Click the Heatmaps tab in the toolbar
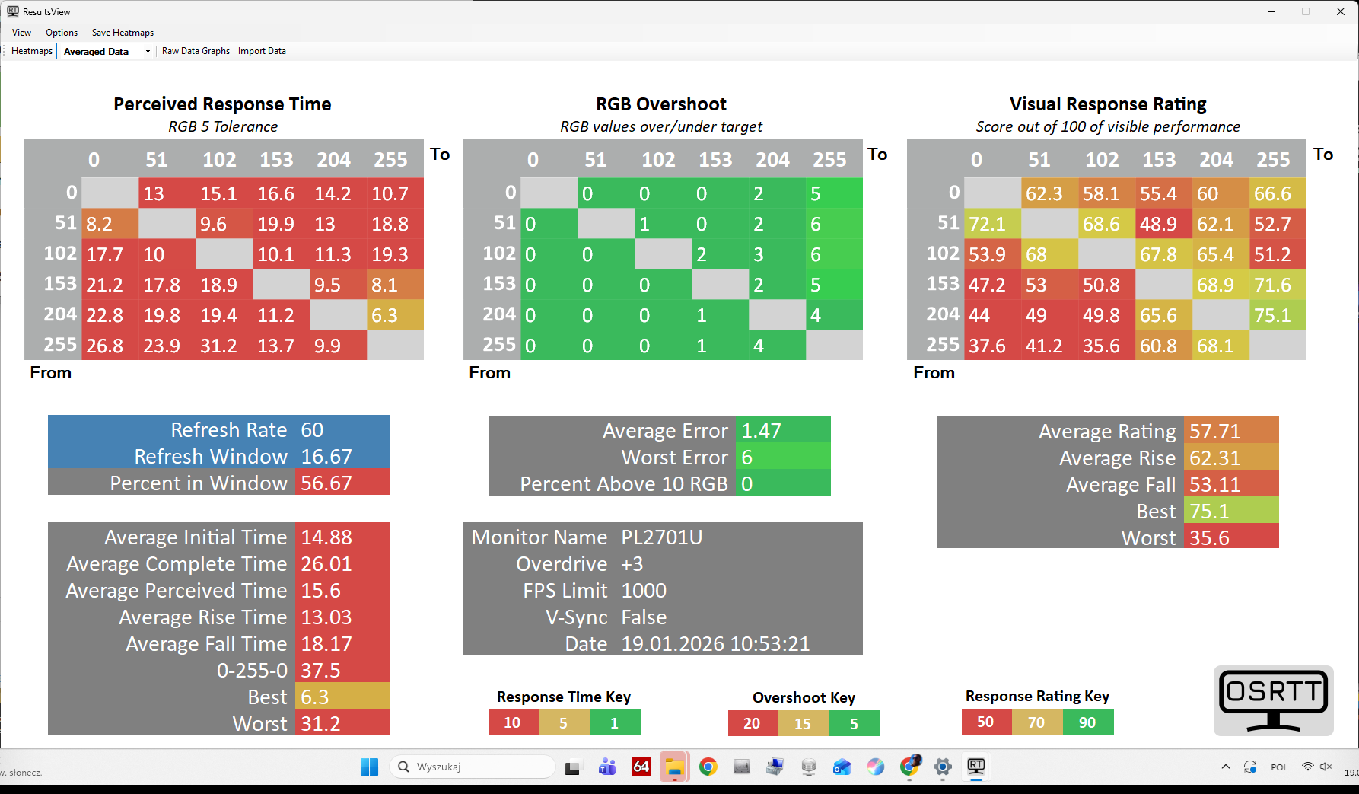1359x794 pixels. [32, 51]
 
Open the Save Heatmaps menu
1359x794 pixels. [123, 33]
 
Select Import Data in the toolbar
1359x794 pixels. [262, 51]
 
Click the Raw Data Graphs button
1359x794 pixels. [196, 51]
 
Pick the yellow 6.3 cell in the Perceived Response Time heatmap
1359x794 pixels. [395, 315]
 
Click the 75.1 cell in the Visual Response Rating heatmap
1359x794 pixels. [1278, 315]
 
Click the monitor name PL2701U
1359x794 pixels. [662, 537]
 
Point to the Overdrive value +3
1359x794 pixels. [632, 564]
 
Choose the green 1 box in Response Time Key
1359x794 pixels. [615, 722]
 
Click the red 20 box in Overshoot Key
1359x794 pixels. [752, 723]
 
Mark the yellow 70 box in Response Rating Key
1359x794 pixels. [1036, 722]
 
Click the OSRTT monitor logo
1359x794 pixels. [1273, 700]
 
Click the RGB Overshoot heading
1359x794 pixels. [661, 104]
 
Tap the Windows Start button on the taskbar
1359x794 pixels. [370, 767]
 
